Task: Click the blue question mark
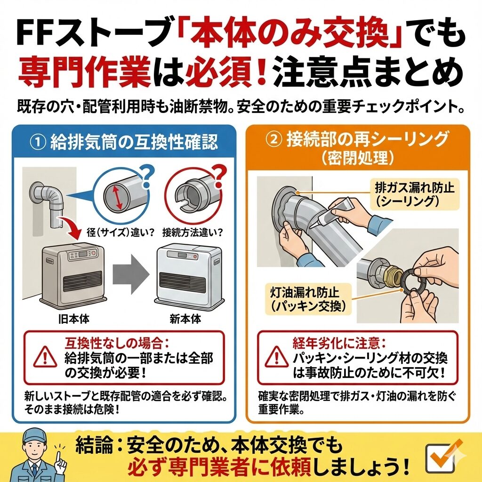tap(147, 176)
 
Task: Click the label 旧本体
tap(74, 319)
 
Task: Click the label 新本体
tap(185, 319)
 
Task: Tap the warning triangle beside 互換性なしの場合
tap(45, 357)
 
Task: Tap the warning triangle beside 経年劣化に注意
tap(277, 357)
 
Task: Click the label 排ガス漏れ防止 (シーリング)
tap(414, 193)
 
